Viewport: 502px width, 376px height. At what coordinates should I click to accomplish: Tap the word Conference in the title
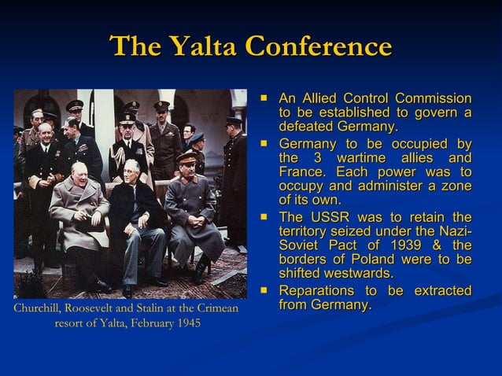point(318,47)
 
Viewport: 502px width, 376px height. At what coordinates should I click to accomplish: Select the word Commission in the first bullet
point(434,98)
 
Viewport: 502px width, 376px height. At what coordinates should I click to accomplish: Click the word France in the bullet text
point(300,171)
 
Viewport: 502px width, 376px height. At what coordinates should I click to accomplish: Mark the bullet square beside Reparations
point(265,290)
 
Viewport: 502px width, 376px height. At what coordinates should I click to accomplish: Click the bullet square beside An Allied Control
point(265,98)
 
